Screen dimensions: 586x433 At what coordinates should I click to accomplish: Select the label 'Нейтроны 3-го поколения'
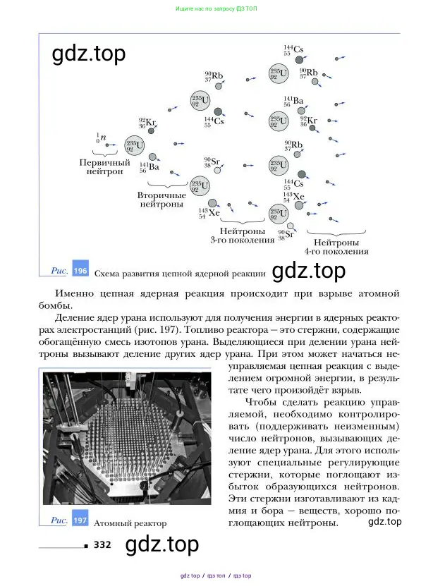[x=242, y=236]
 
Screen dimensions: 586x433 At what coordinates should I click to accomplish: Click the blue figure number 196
[x=80, y=271]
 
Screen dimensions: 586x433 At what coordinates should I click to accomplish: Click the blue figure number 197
[x=80, y=523]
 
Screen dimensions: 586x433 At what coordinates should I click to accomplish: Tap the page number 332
[x=102, y=544]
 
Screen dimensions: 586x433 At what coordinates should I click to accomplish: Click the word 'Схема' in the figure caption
[x=107, y=272]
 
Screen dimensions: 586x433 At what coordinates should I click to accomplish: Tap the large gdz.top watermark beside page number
[x=161, y=544]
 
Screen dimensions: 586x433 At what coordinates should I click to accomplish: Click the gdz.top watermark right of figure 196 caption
[x=309, y=271]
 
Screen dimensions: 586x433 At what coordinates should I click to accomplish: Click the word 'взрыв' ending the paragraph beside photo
[x=346, y=390]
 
